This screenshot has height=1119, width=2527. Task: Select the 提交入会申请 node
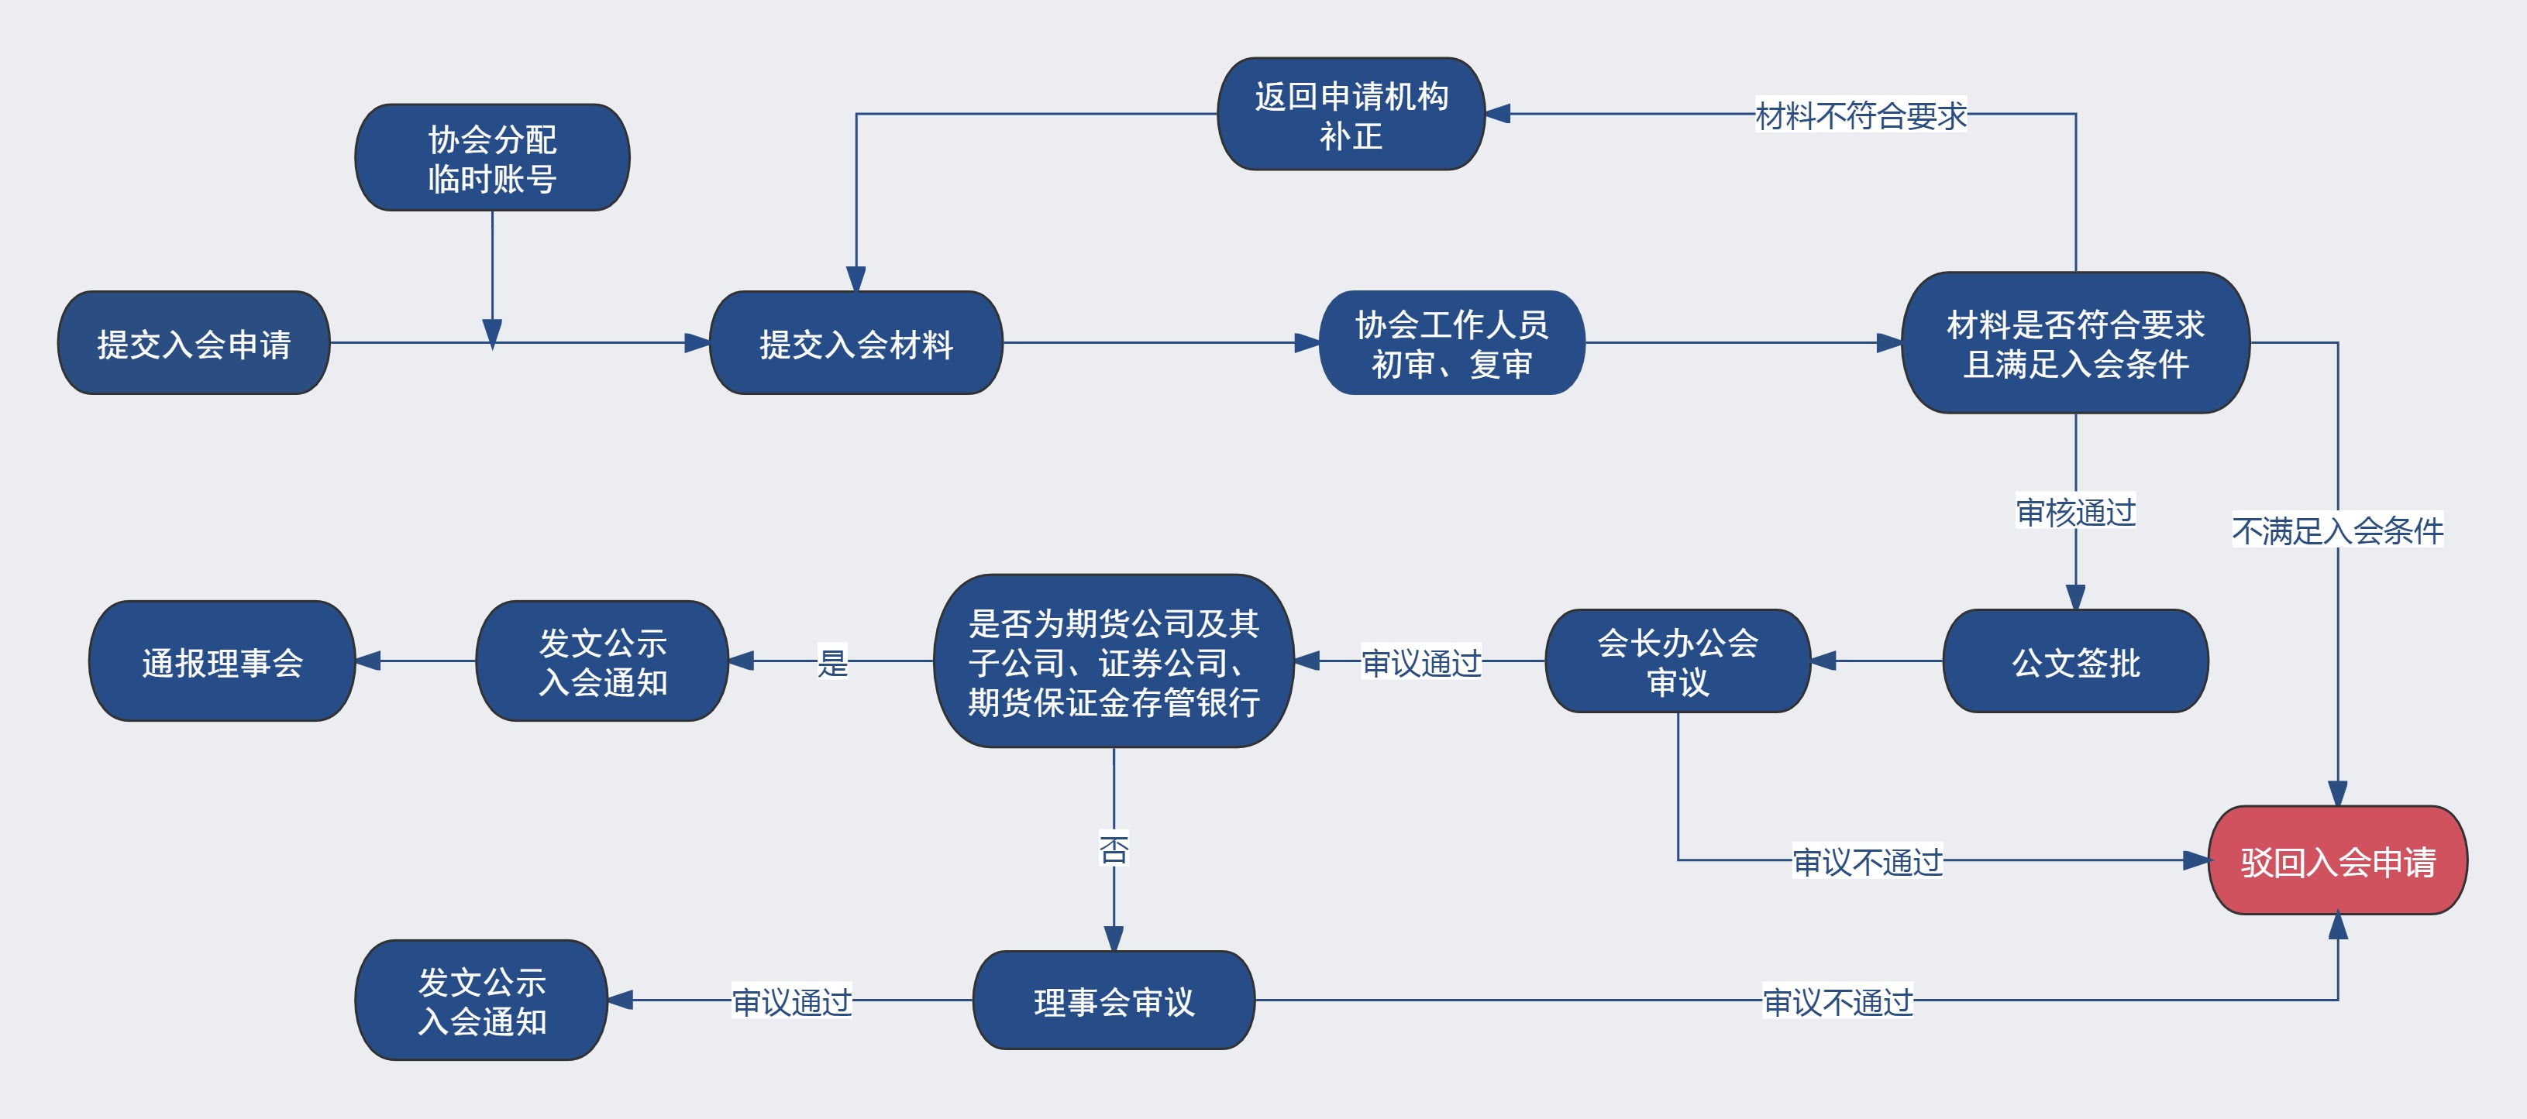tap(193, 343)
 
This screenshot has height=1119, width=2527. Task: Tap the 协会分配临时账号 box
tap(491, 158)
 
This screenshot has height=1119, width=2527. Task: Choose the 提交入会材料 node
tap(856, 343)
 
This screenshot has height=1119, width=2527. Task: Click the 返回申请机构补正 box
tap(1350, 114)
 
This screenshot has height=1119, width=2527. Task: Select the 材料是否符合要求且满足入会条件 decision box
tap(2074, 343)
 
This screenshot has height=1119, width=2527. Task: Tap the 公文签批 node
tap(2074, 662)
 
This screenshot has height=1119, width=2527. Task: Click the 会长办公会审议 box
tap(1678, 662)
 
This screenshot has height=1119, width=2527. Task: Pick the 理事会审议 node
tap(1114, 1001)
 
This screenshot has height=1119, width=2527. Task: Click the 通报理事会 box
tap(222, 662)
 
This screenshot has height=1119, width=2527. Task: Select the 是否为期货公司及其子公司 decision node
tap(1114, 662)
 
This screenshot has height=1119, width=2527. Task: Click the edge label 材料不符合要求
tap(1860, 115)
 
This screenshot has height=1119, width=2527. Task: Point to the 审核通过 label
tap(2074, 511)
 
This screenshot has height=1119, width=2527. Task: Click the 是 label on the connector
tap(831, 662)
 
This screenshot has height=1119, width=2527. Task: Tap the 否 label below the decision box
tap(1114, 848)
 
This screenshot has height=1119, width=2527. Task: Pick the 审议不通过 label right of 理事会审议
tap(1837, 1001)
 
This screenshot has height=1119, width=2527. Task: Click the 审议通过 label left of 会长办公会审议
tap(1420, 663)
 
